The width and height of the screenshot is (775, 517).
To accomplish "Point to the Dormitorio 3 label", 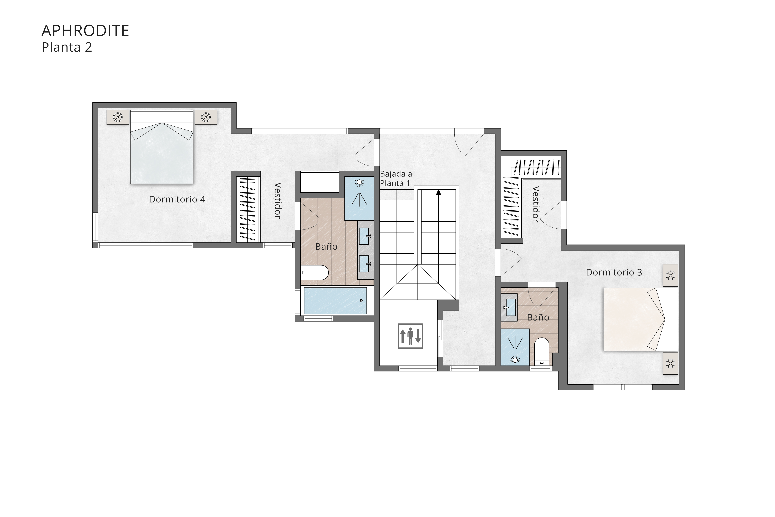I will [x=613, y=272].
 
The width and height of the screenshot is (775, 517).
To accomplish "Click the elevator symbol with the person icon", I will [x=410, y=336].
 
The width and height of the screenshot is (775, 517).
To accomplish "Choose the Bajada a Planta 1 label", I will [x=396, y=178].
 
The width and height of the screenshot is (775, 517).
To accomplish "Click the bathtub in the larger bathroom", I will [x=335, y=300].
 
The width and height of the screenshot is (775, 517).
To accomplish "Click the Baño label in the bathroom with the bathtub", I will [x=326, y=247].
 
